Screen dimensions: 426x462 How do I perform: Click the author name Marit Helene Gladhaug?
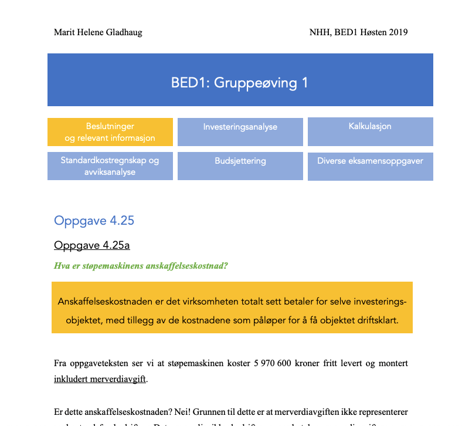click(x=98, y=32)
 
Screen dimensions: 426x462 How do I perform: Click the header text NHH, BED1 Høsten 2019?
click(x=358, y=32)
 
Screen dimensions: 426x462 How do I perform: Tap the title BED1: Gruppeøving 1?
click(x=240, y=83)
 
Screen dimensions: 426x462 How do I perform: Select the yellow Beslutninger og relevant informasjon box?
click(x=110, y=132)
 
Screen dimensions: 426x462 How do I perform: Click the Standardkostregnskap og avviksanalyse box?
click(x=110, y=166)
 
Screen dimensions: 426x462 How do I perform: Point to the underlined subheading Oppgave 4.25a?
click(x=92, y=245)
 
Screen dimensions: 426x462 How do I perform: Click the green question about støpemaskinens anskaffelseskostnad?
click(x=141, y=265)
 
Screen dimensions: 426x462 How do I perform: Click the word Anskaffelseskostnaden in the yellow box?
click(x=107, y=302)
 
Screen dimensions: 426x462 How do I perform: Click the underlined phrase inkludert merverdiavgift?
click(x=100, y=378)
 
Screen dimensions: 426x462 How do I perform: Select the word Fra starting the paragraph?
click(x=61, y=363)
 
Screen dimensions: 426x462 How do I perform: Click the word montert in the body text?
click(x=393, y=363)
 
